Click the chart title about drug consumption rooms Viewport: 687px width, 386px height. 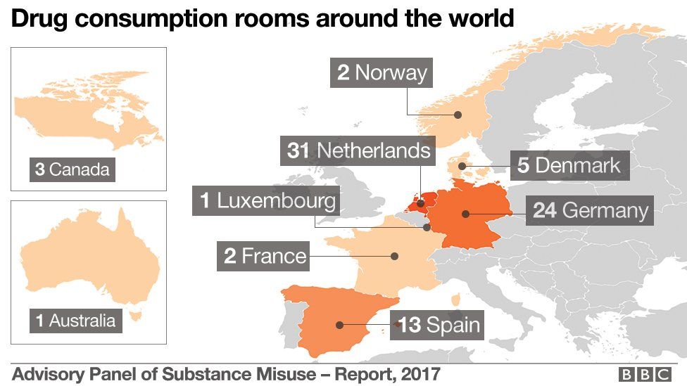pyautogui.click(x=262, y=19)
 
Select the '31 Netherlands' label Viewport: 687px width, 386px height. pyautogui.click(x=359, y=150)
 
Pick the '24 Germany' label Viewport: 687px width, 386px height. pyautogui.click(x=590, y=211)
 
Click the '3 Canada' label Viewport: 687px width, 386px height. pyautogui.click(x=73, y=169)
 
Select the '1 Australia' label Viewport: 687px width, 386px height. pyautogui.click(x=75, y=321)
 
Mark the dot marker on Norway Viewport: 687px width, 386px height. pyautogui.click(x=458, y=115)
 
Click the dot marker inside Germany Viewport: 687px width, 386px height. pyautogui.click(x=465, y=213)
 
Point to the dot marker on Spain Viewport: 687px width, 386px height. pyautogui.click(x=340, y=325)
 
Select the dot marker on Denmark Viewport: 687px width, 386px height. pyautogui.click(x=462, y=167)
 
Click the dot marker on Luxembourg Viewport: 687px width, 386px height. pyautogui.click(x=427, y=227)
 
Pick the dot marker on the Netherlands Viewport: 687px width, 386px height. pyautogui.click(x=421, y=204)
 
